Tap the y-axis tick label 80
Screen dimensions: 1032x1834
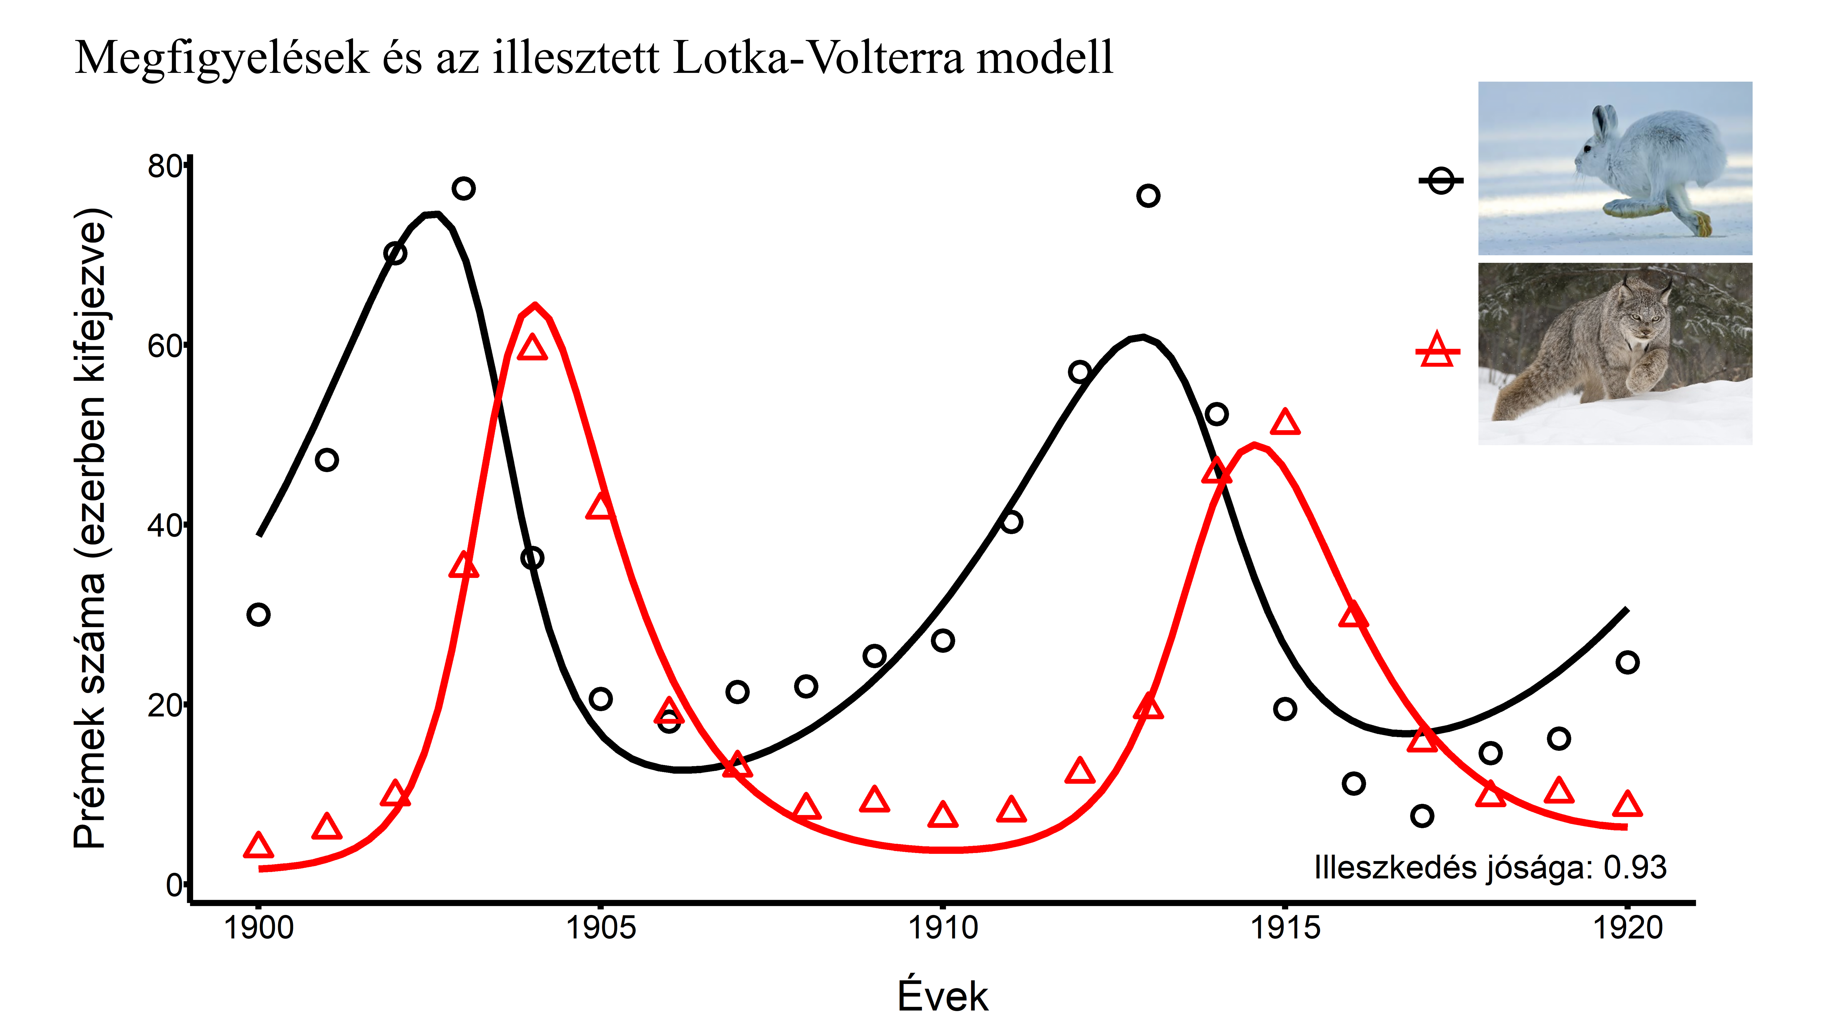pos(165,167)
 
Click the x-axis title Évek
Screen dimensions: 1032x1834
pos(942,996)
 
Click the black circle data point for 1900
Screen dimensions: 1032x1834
pos(258,614)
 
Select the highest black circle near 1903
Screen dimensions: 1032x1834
pos(464,189)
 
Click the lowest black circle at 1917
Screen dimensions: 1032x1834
pos(1422,816)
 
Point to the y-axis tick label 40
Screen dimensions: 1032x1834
pos(165,526)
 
